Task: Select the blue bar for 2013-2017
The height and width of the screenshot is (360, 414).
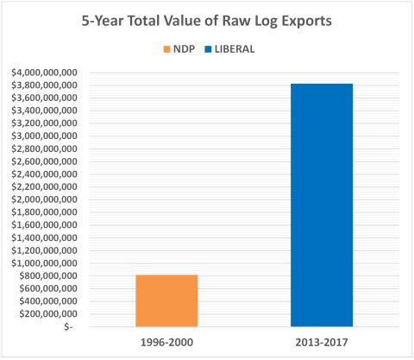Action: tap(322, 205)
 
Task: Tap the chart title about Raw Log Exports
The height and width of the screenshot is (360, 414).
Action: tap(206, 20)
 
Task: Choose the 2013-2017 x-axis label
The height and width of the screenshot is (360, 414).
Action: tap(322, 343)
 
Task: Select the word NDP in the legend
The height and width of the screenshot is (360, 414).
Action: tap(183, 50)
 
